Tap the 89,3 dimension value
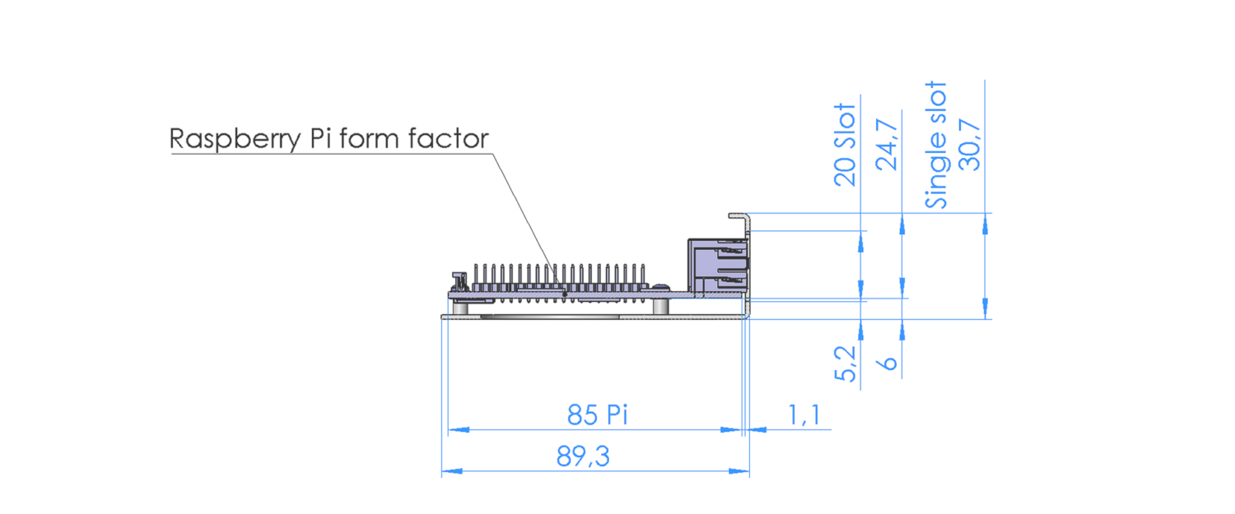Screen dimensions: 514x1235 coord(583,457)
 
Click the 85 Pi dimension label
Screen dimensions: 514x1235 coord(598,415)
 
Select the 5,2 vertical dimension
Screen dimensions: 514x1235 coord(846,364)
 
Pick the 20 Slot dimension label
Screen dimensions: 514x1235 coord(846,145)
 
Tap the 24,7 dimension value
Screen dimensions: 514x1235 coord(888,145)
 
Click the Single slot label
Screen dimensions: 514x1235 coord(936,145)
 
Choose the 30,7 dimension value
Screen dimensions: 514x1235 coord(972,145)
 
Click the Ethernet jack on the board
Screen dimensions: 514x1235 coord(717,266)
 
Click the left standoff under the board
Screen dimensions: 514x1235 coord(463,307)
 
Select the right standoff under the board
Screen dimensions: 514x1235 coord(660,307)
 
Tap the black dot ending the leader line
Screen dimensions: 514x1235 coord(565,290)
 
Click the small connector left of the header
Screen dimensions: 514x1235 coord(456,283)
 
